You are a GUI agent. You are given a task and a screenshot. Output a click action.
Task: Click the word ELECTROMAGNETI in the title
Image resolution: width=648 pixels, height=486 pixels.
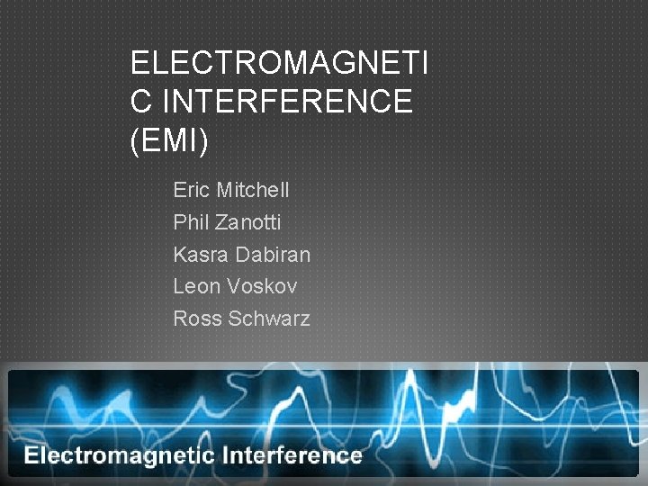pos(279,64)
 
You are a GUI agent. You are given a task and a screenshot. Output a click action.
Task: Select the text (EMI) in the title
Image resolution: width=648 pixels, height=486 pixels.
pos(169,141)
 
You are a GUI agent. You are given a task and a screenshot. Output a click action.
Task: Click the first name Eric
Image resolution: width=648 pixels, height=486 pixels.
pos(190,191)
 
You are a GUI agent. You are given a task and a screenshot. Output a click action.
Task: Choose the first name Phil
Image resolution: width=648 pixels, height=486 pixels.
pos(189,222)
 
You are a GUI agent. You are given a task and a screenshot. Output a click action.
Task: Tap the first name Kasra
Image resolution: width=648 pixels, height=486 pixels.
pos(201,255)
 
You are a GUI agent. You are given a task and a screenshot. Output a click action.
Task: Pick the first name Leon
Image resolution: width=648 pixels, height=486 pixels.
pos(197,286)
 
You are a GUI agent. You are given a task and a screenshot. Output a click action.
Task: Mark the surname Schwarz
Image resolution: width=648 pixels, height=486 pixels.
pos(268,319)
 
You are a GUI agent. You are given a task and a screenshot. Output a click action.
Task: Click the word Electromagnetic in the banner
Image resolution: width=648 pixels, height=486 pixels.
pos(119,455)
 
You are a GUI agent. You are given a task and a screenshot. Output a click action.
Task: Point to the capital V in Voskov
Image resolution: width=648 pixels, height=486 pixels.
pos(234,286)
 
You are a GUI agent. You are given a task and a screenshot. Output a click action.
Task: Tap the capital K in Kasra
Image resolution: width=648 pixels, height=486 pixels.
pos(180,255)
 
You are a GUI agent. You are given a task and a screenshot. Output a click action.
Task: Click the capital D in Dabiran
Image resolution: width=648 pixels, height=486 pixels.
pos(242,255)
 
